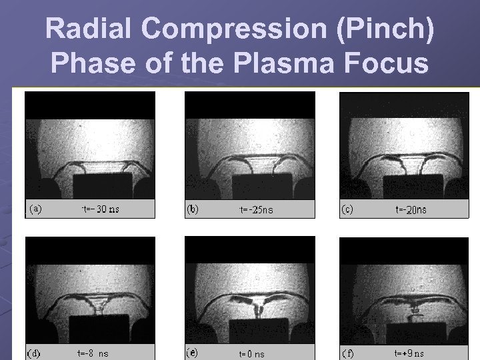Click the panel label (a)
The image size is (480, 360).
click(35, 209)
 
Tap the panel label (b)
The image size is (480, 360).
click(193, 209)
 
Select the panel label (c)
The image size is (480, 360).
click(347, 209)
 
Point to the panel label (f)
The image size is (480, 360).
click(348, 353)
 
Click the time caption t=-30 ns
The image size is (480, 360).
click(100, 209)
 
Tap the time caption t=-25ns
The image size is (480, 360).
click(256, 210)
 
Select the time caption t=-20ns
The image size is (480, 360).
click(411, 209)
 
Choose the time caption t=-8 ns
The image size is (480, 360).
click(93, 353)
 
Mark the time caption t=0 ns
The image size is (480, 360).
click(252, 354)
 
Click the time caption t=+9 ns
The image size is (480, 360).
click(409, 353)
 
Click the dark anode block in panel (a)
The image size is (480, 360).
click(102, 187)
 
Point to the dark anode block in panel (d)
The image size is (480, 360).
click(99, 330)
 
